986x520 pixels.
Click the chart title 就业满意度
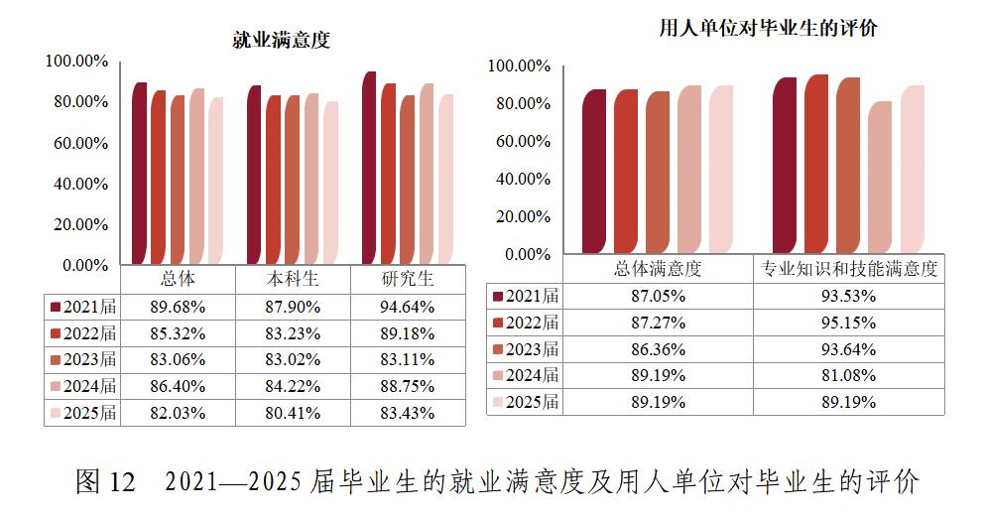coord(281,40)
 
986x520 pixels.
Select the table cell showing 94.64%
coord(408,307)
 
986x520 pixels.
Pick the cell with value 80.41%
coord(293,414)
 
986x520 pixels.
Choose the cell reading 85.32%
coord(178,333)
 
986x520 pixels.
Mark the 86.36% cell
coord(658,349)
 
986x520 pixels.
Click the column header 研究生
coord(408,280)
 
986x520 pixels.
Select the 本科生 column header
coord(293,280)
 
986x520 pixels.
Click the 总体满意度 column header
coord(658,269)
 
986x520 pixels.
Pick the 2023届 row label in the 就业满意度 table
coord(83,360)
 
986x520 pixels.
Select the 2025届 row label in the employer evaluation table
coord(526,403)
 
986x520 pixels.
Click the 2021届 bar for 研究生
coord(369,168)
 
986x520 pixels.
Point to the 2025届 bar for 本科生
coord(330,183)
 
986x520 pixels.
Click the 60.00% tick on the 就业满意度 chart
coord(76,143)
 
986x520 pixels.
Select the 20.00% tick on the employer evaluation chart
coord(520,216)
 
